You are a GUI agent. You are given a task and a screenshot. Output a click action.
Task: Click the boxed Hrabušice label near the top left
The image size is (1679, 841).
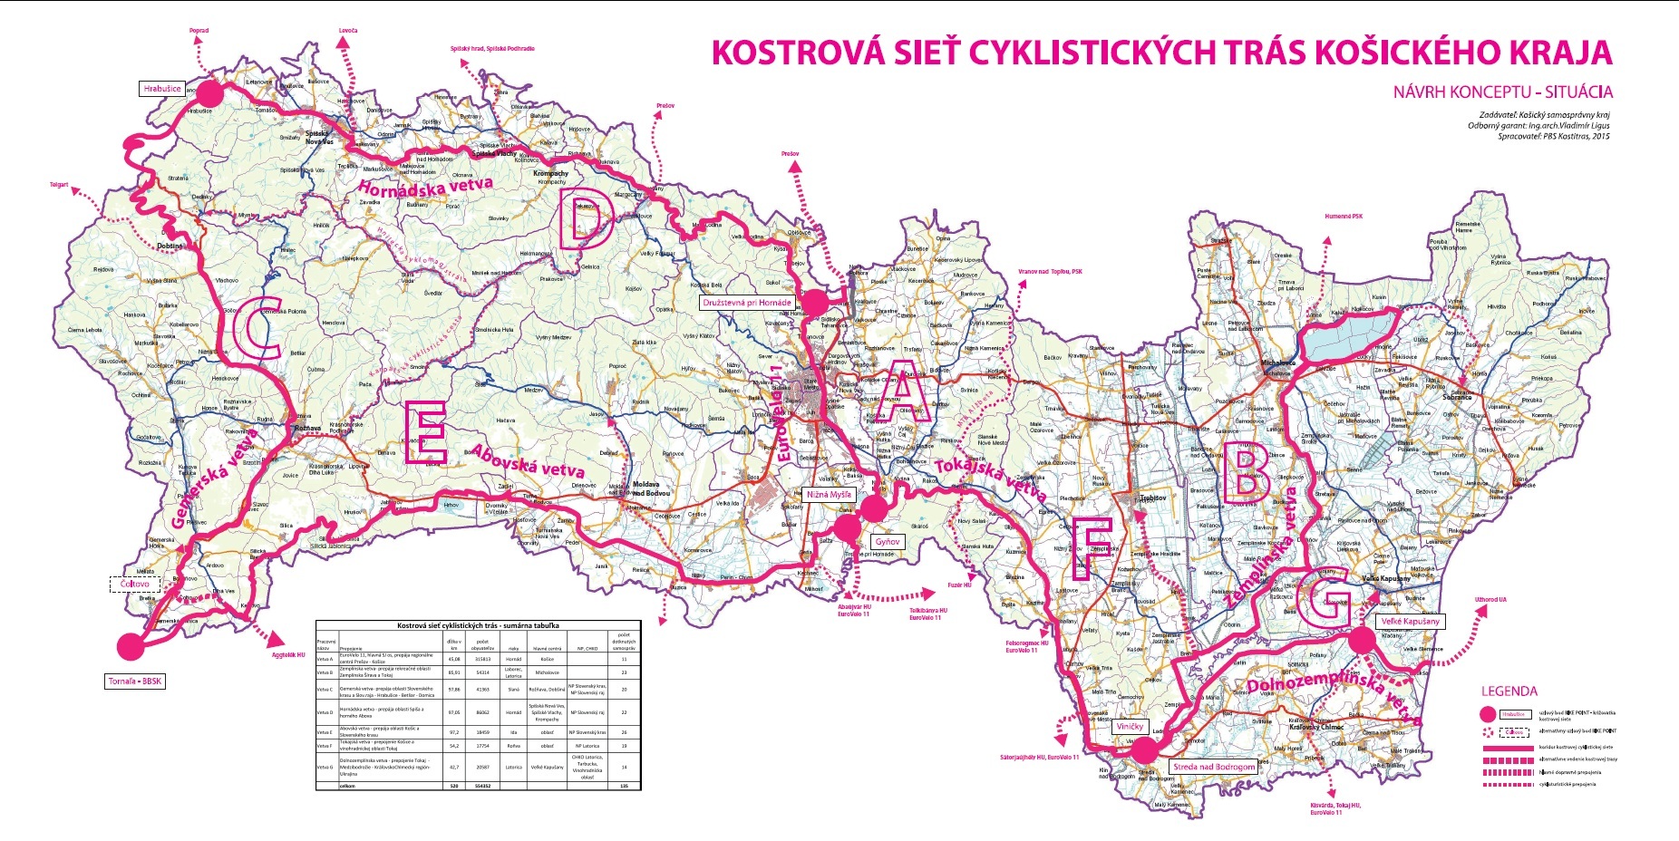(x=162, y=89)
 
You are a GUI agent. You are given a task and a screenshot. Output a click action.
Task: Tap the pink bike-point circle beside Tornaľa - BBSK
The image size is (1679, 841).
(x=131, y=646)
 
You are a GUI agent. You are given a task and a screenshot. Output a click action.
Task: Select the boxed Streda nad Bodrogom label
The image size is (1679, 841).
(x=1214, y=767)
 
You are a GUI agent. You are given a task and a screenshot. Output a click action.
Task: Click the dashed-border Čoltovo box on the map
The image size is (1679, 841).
(x=134, y=585)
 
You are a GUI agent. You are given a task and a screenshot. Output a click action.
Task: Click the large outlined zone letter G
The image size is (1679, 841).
(x=1324, y=597)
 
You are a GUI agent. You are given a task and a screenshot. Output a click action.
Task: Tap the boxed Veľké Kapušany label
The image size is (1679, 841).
(x=1410, y=622)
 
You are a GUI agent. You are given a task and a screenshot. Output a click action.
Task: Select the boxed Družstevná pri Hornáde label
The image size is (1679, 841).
(x=747, y=303)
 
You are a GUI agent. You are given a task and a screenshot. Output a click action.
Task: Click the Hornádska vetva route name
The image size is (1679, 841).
(x=425, y=187)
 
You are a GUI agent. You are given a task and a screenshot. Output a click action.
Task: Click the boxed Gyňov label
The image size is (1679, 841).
(x=887, y=542)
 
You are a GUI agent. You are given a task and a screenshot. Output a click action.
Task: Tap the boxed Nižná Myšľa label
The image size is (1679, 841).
(x=829, y=495)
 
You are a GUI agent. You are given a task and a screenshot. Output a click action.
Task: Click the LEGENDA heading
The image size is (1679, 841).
(x=1509, y=691)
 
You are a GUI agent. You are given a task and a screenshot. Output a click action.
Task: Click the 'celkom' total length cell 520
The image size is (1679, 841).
(x=454, y=786)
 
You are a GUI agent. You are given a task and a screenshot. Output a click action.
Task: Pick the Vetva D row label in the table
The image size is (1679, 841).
(x=325, y=713)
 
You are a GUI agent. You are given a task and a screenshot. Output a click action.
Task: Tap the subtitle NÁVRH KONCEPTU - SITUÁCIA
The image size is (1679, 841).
(x=1502, y=92)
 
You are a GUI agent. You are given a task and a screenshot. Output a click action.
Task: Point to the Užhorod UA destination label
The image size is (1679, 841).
(x=1490, y=599)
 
